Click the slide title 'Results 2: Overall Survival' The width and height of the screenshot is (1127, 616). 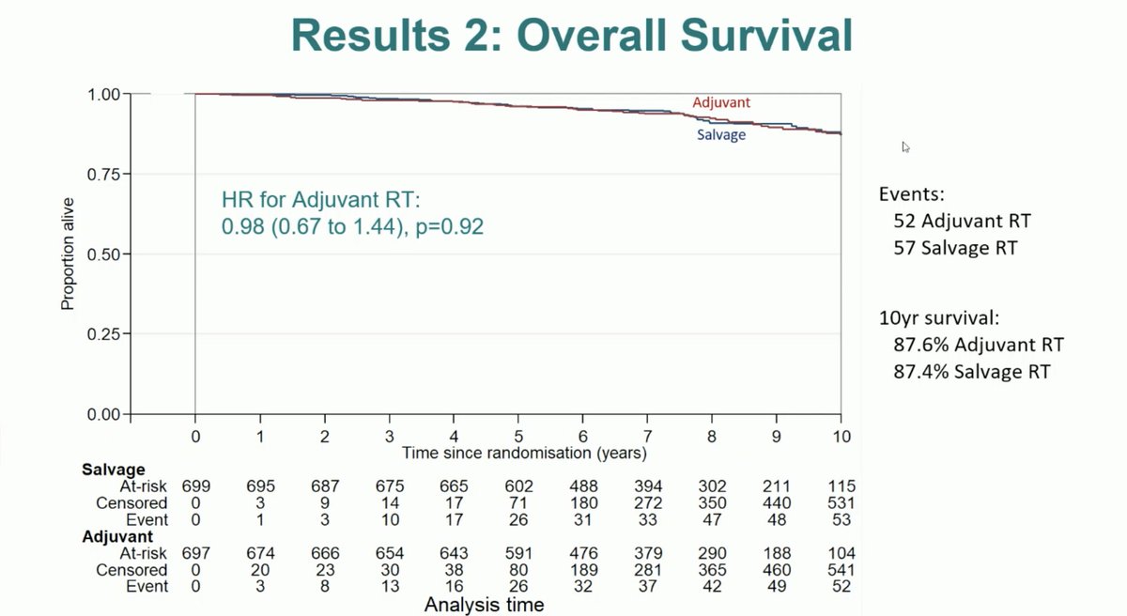tap(572, 36)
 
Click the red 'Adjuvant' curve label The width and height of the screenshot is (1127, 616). tap(720, 102)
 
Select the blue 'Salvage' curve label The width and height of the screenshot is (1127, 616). tap(720, 135)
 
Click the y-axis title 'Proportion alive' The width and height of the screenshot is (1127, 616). tap(68, 254)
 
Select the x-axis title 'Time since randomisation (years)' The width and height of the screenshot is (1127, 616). tap(524, 453)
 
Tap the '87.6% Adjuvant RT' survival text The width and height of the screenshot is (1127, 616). tap(978, 345)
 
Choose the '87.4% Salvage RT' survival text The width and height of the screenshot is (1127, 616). tap(972, 372)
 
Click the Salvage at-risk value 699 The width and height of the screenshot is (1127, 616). tap(195, 486)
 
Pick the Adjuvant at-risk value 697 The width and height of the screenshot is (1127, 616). tap(195, 554)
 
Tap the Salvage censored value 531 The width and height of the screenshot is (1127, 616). tap(841, 503)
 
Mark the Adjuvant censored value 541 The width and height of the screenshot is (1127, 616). tap(841, 571)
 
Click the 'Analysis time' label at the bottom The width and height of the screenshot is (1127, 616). tap(484, 605)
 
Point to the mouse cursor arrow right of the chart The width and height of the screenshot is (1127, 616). tap(905, 146)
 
